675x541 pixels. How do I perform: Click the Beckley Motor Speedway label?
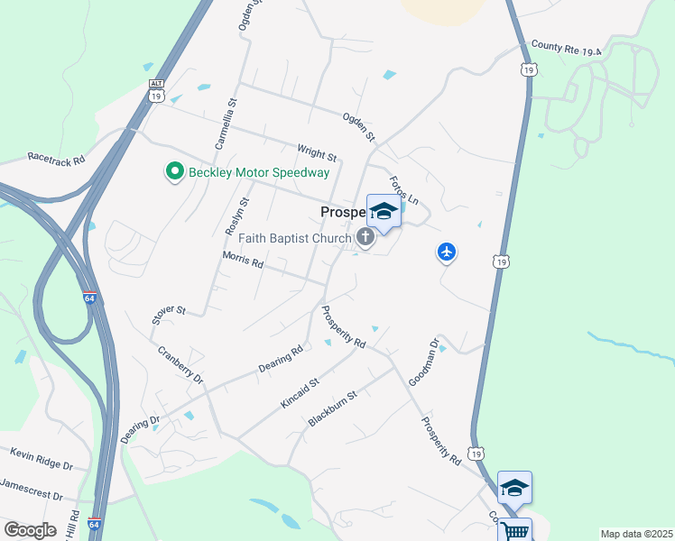[258, 171]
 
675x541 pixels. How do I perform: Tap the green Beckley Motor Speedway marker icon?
[172, 170]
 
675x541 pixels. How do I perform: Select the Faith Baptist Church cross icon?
[365, 237]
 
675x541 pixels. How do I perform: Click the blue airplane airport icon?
[446, 252]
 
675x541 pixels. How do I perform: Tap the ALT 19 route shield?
[156, 90]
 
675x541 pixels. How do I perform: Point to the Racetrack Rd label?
[56, 158]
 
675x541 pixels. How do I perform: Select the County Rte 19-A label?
[566, 48]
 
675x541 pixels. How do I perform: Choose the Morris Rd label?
[243, 260]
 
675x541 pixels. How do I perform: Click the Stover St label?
[168, 313]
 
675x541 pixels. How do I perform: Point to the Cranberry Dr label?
[180, 364]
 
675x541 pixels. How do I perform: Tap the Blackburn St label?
[333, 408]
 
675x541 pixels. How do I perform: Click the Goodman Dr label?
[424, 362]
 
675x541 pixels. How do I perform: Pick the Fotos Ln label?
[405, 187]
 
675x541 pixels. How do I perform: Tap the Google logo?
[30, 529]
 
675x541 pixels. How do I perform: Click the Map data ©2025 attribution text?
[636, 534]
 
